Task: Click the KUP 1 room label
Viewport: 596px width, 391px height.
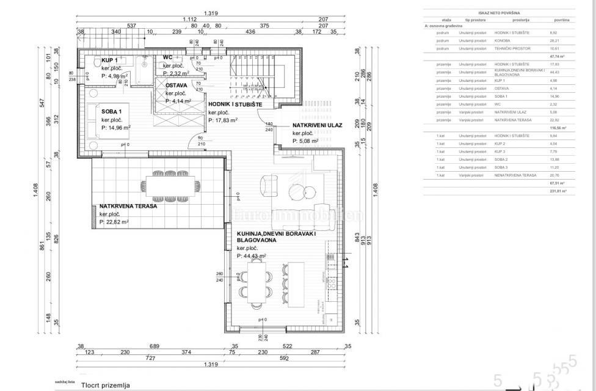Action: coord(110,60)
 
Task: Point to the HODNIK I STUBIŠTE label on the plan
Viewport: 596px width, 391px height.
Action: coord(235,104)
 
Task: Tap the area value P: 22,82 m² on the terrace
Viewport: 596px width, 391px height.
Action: coord(114,222)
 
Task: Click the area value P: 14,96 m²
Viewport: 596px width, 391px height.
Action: coord(116,128)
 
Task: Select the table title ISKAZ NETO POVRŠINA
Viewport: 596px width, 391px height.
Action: coord(496,12)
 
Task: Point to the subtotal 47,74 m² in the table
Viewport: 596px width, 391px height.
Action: coord(559,56)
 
